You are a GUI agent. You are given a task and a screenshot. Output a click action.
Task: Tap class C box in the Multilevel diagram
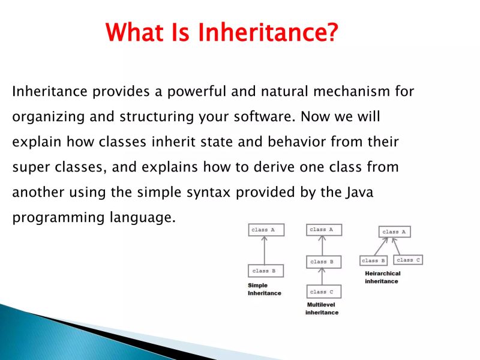pyautogui.click(x=323, y=292)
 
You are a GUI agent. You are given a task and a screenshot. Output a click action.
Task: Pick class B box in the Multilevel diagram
pyautogui.click(x=323, y=262)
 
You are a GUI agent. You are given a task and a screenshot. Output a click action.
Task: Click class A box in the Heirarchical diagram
pyautogui.click(x=394, y=232)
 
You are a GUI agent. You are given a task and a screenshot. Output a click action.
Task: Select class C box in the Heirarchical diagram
pyautogui.click(x=409, y=260)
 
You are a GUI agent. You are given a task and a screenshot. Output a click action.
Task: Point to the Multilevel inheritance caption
pyautogui.click(x=322, y=309)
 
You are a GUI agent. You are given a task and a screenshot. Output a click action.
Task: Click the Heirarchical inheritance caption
pyautogui.click(x=382, y=277)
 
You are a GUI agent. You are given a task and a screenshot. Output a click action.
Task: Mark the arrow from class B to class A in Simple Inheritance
pyautogui.click(x=265, y=250)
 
